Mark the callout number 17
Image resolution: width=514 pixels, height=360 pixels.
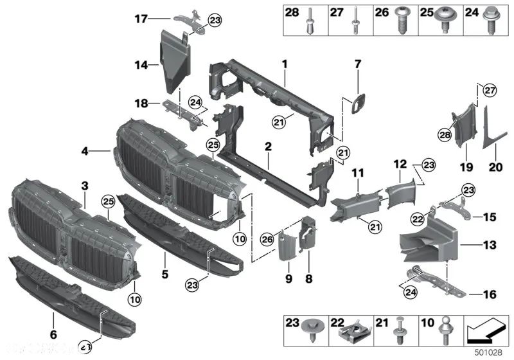142,19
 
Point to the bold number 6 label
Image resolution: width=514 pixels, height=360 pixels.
53,334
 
